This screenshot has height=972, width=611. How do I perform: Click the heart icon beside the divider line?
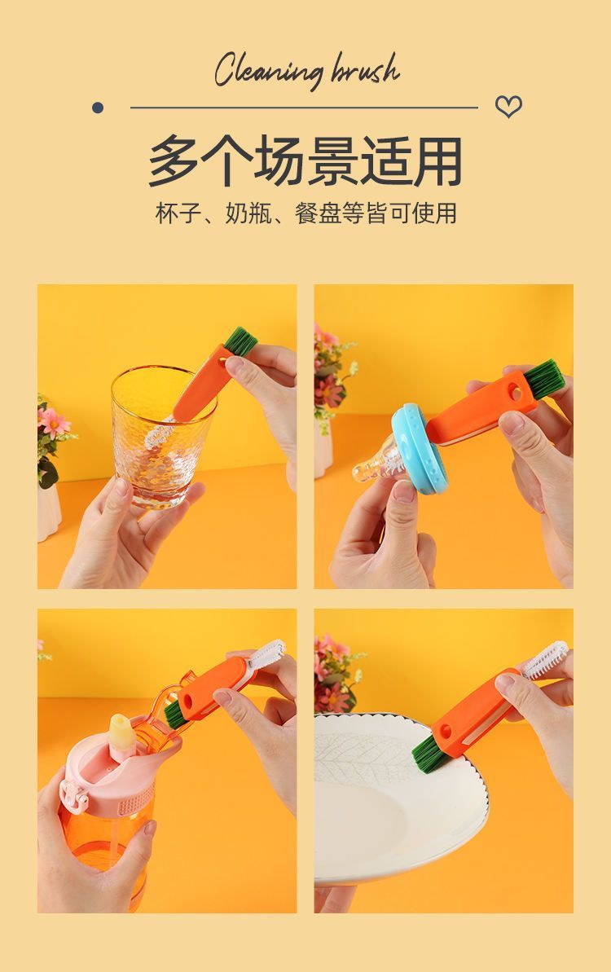click(508, 107)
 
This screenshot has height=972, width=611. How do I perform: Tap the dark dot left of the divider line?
click(97, 108)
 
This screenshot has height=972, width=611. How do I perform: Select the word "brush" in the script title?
click(366, 68)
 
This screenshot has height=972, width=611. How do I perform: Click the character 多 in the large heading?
click(174, 161)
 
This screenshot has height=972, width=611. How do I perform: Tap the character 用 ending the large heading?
click(437, 161)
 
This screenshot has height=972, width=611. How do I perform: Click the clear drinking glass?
click(162, 434)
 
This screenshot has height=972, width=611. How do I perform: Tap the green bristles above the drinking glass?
click(240, 341)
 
